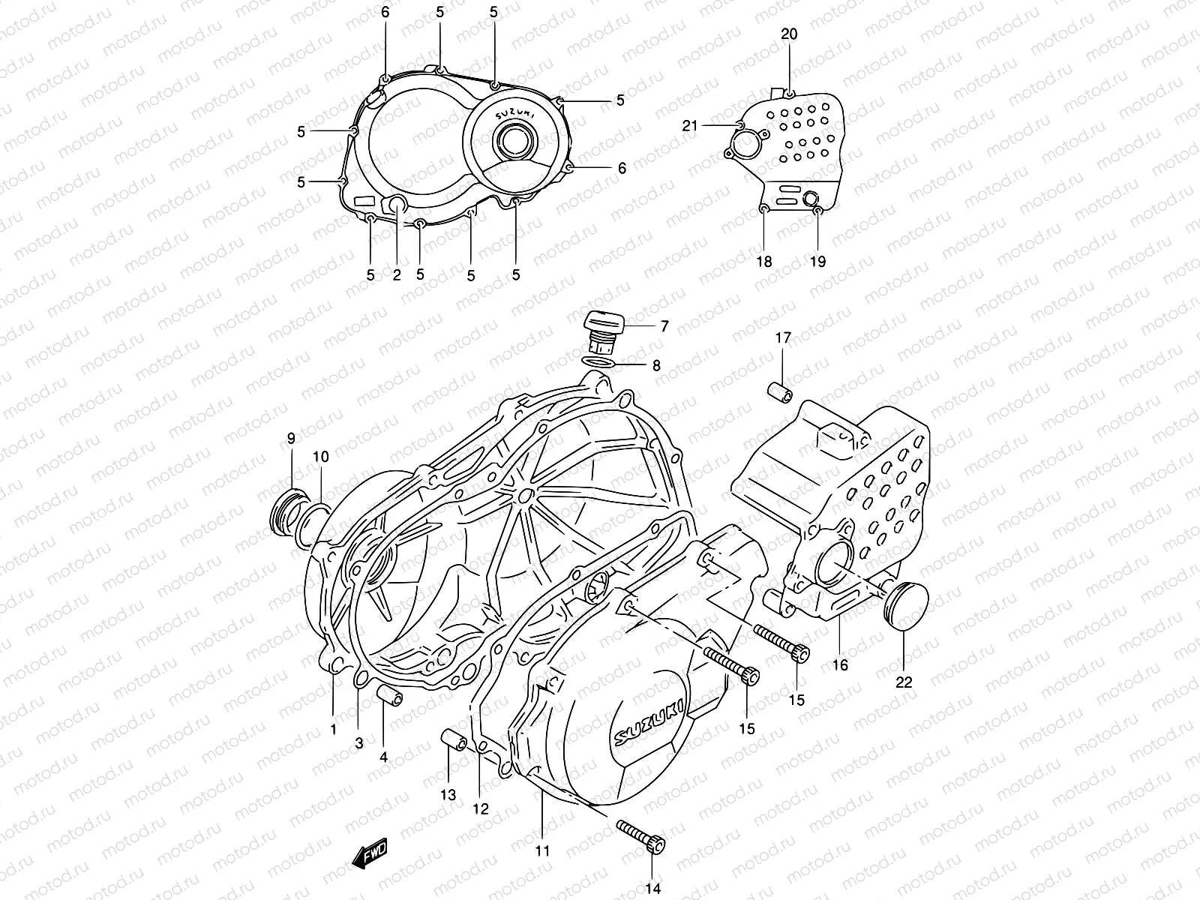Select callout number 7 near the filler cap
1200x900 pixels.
click(664, 326)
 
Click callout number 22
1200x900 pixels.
click(904, 682)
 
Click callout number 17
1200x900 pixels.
click(783, 338)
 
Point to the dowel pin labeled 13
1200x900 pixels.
click(454, 740)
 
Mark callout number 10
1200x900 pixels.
click(320, 456)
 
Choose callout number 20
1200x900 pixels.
click(789, 34)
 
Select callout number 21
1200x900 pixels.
click(690, 126)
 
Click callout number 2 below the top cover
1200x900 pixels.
click(397, 274)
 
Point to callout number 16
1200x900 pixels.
click(840, 664)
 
